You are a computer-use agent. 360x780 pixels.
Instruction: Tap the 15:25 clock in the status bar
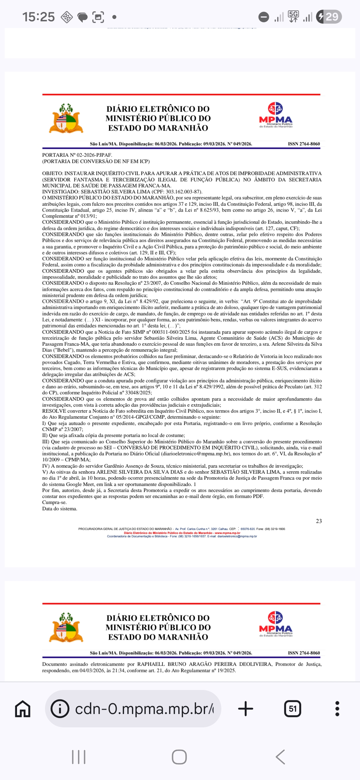pos(38,17)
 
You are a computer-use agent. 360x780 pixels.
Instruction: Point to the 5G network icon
pos(293,16)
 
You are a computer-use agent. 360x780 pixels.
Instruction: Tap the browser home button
pos(23,709)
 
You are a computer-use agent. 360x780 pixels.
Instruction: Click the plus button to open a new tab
pos(246,709)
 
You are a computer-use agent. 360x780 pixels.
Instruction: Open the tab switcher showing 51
pos(292,709)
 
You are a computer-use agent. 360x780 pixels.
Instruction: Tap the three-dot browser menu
pos(337,709)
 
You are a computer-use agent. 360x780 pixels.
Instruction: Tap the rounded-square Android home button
pos(179,757)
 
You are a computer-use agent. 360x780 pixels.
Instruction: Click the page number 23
pos(319,521)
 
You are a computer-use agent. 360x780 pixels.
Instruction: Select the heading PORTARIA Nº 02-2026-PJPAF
pos(77,155)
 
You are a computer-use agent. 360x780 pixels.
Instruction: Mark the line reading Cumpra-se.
pos(54,502)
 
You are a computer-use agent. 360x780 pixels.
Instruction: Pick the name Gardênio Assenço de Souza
pos(128,466)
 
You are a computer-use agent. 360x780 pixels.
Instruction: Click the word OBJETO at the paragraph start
pos(52,173)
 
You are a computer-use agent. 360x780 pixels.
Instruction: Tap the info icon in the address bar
pos(60,709)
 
